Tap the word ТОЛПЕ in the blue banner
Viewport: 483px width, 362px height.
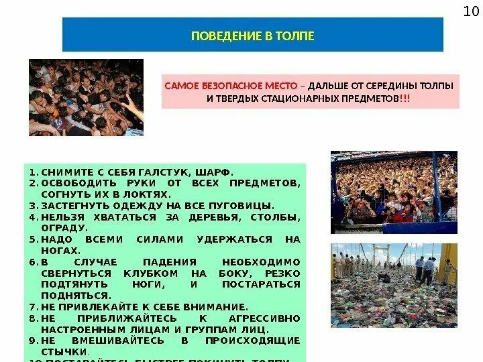click(295, 35)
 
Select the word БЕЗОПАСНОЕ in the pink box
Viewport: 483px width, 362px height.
click(223, 86)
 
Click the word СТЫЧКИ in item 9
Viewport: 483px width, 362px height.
click(64, 351)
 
